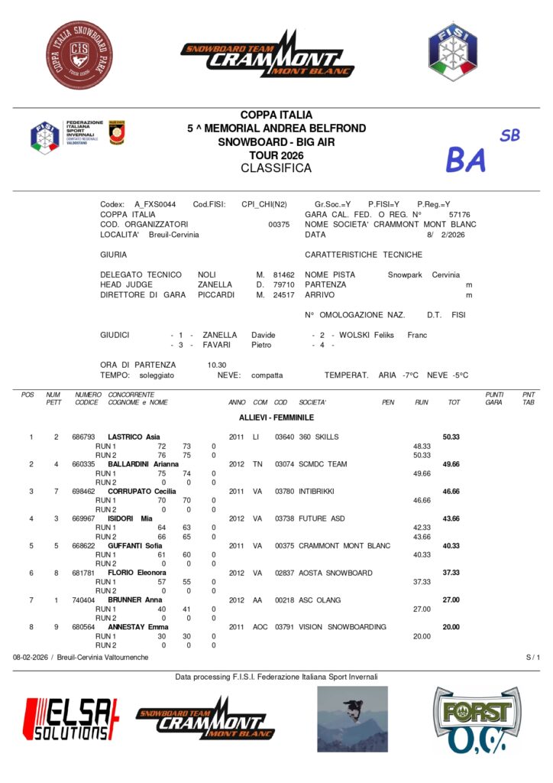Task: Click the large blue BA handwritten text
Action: (x=466, y=160)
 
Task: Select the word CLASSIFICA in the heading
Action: (x=276, y=167)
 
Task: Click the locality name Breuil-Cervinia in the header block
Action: (x=173, y=235)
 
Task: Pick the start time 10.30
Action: (x=217, y=365)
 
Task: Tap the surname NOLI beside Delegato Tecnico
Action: (x=206, y=275)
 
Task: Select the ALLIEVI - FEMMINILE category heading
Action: (x=276, y=417)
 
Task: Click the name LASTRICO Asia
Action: (x=134, y=437)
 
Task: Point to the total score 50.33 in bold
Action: (x=452, y=437)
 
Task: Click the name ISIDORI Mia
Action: (x=131, y=518)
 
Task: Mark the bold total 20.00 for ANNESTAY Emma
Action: (x=452, y=627)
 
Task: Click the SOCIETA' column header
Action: (x=312, y=402)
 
